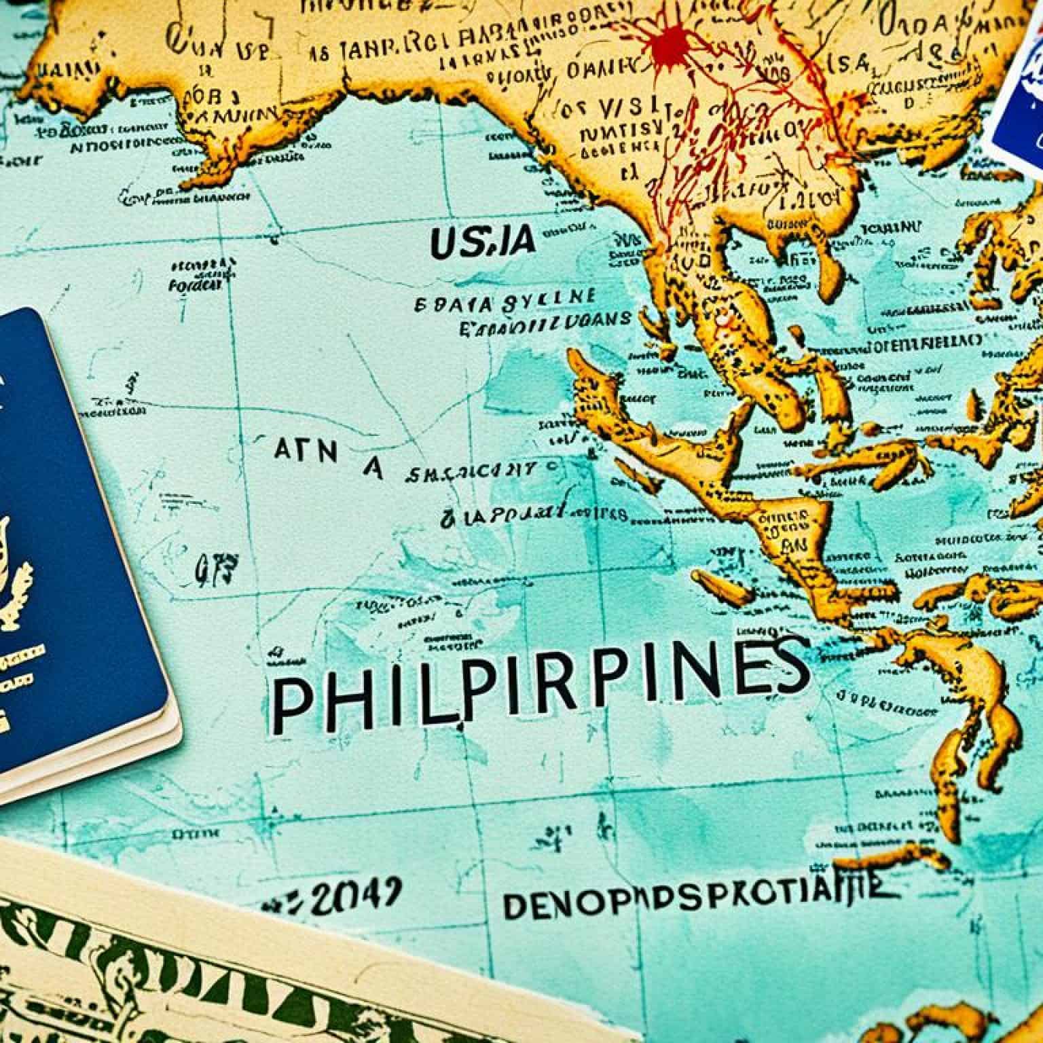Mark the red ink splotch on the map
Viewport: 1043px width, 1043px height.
coord(673,44)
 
